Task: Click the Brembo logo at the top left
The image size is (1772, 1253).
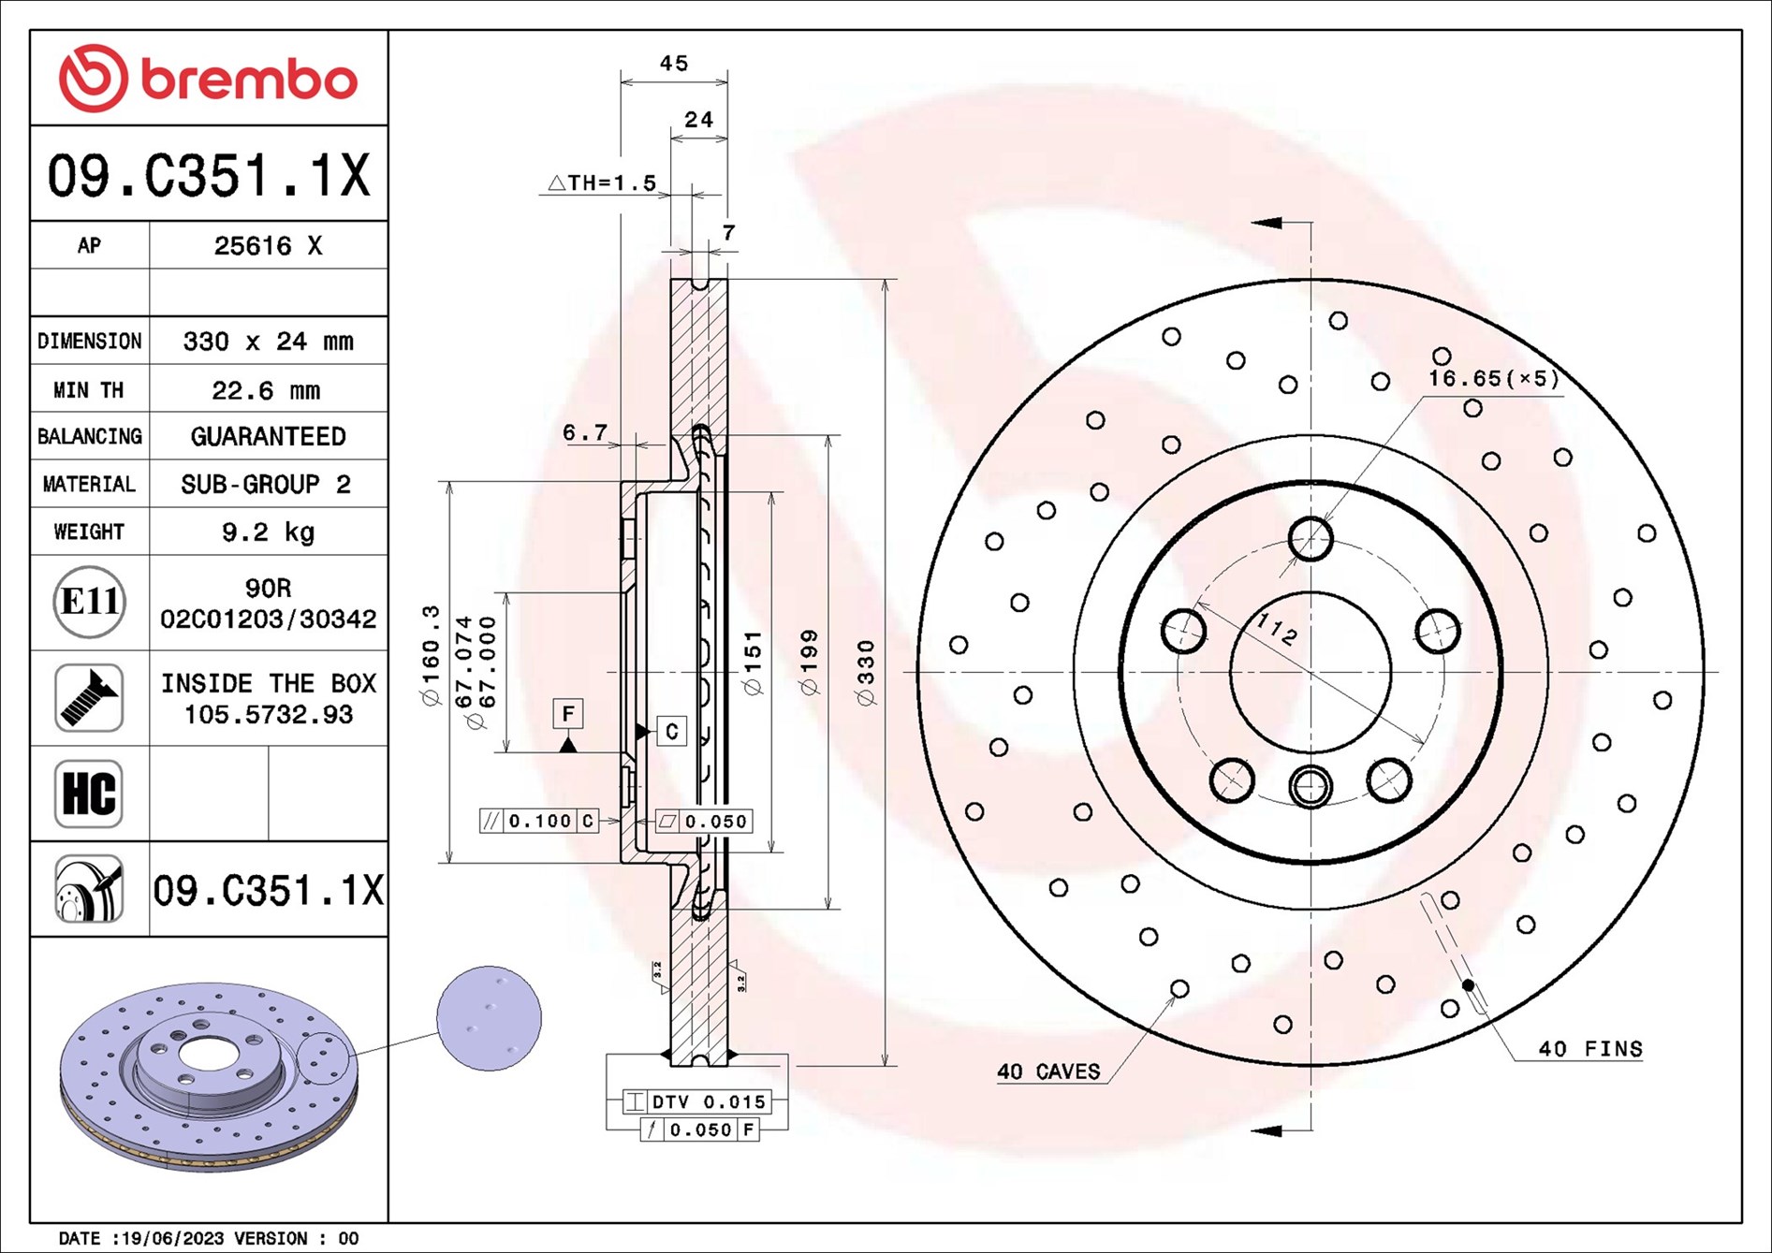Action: (208, 79)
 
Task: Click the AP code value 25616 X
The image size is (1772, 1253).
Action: (268, 246)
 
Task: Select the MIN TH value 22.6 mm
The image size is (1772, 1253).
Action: (266, 390)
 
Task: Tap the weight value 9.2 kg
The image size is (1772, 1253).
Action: (268, 532)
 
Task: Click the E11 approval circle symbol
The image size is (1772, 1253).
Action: (89, 602)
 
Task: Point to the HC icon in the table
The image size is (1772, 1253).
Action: (89, 794)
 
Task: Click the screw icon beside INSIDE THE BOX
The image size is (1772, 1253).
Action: (89, 698)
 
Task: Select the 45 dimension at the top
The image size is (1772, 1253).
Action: (673, 64)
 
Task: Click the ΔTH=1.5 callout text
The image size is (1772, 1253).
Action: (602, 183)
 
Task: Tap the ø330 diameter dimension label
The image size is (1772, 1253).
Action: (866, 672)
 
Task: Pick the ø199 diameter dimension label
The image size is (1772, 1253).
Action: (810, 663)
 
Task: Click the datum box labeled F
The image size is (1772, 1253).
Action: (568, 714)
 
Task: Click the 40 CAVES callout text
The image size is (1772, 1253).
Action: (1048, 1071)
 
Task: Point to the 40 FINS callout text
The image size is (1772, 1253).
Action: (1589, 1049)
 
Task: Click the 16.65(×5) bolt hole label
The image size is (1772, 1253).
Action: (1493, 378)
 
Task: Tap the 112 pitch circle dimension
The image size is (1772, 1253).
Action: (1276, 629)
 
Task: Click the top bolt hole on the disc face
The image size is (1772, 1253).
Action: (1310, 538)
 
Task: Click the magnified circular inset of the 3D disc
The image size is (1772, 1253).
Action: (489, 1018)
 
